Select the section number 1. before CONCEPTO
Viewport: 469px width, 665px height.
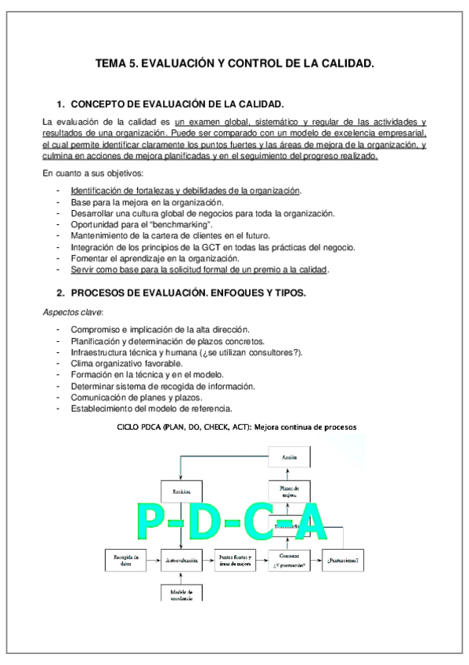click(x=60, y=104)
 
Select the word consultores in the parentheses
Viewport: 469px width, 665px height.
click(x=271, y=352)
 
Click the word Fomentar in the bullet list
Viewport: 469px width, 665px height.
click(x=88, y=258)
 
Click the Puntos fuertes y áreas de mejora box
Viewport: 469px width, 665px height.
click(x=236, y=560)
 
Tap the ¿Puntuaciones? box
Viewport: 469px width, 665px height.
click(x=344, y=560)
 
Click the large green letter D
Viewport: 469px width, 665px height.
click(x=205, y=521)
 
